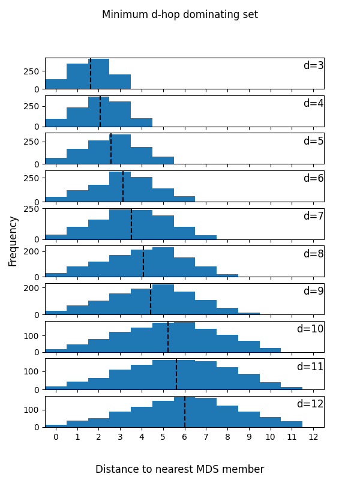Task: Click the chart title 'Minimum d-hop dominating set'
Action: (180, 14)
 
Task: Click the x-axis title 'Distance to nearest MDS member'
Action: (180, 469)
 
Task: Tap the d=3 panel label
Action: (313, 65)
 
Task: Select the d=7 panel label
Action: (313, 216)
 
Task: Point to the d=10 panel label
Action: (310, 329)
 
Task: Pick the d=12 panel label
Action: (310, 404)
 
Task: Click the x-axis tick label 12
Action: (313, 437)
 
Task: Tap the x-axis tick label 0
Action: (56, 437)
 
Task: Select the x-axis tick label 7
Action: (206, 437)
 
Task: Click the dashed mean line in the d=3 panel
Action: (91, 74)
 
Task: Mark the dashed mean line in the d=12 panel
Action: (185, 412)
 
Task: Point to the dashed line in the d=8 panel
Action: (143, 262)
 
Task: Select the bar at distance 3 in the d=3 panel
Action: (120, 82)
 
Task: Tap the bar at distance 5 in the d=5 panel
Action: (163, 160)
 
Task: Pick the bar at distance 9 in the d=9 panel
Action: (249, 313)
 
